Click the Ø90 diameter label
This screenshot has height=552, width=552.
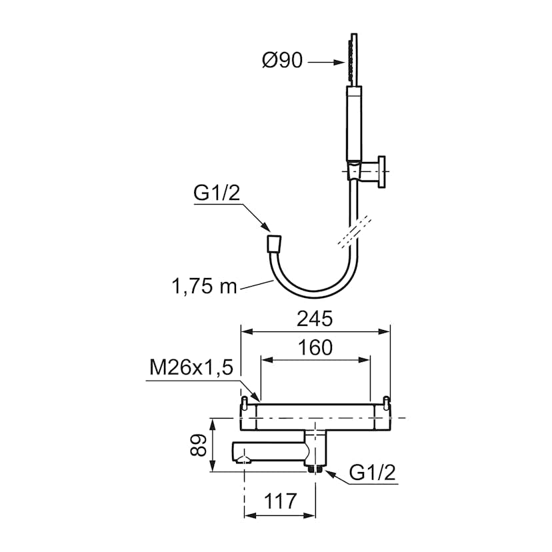[283, 61]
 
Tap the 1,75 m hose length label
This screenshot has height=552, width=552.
[204, 286]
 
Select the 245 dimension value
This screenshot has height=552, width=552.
[315, 319]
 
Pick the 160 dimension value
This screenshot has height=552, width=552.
[315, 347]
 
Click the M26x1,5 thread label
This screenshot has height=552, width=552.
[191, 368]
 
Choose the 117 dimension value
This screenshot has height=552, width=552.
[280, 501]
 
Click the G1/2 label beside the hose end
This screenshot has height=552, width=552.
[217, 193]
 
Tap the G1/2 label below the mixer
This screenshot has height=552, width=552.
[373, 472]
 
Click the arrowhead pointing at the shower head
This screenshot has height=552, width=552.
[339, 62]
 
